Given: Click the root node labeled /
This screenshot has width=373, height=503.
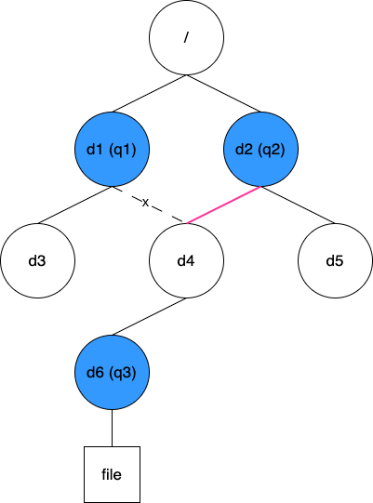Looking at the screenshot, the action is tap(186, 37).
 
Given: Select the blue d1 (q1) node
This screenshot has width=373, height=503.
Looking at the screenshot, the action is tap(112, 149).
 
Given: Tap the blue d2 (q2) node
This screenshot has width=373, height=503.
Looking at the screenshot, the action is tap(260, 149).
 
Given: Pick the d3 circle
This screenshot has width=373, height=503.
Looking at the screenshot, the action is tap(37, 261).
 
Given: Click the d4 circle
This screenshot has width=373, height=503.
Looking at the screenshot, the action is tap(186, 261).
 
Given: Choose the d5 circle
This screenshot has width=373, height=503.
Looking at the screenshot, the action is tap(335, 261).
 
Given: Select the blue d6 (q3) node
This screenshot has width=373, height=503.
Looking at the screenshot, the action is tap(112, 373).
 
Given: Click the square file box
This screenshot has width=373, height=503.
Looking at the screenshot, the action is tap(112, 474).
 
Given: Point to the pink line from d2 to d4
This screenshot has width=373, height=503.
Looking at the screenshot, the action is tap(223, 205).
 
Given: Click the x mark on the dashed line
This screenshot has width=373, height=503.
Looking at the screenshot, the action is tap(145, 203).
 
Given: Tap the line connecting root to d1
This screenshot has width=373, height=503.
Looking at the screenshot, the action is tap(149, 93).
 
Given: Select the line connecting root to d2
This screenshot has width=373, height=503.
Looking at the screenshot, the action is tap(223, 93).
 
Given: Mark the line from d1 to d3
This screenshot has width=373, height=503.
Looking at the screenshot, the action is tap(74, 205).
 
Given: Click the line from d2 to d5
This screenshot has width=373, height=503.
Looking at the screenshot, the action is tap(298, 205).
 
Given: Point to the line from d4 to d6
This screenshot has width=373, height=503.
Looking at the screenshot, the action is tap(149, 317).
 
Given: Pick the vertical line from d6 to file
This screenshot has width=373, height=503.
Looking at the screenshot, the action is tap(112, 429).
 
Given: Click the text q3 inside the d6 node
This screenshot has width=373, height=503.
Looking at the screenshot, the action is tap(123, 373).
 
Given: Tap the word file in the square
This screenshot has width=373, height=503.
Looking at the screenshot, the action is tap(112, 474).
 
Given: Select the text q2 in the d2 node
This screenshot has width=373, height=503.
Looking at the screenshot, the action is tap(272, 150).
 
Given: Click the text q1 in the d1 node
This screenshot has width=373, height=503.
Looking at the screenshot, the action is tap(123, 150).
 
